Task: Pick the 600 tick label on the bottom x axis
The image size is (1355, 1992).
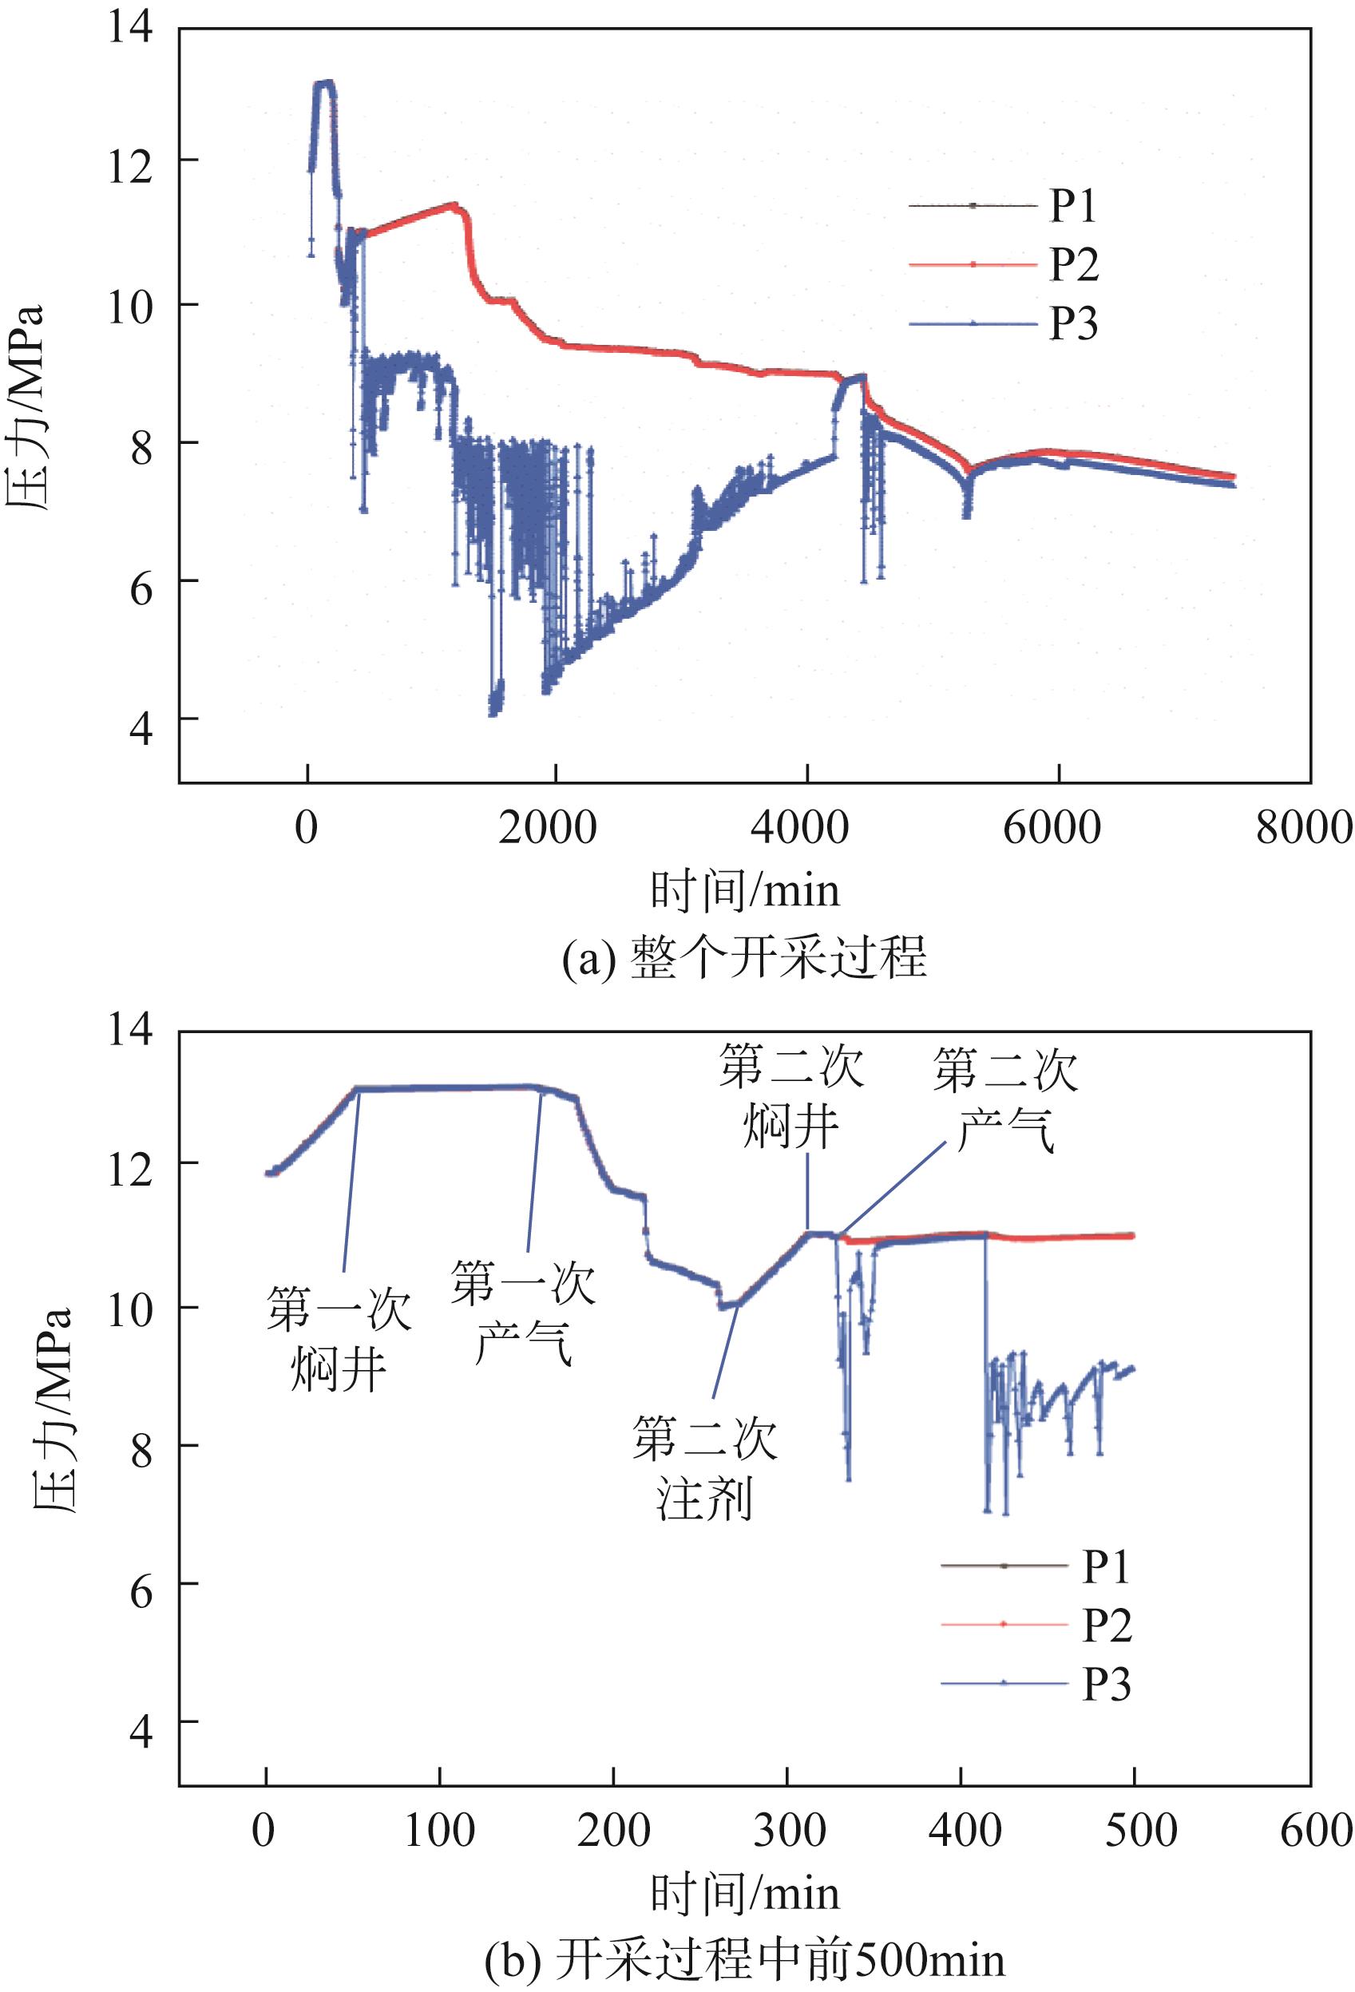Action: click(1315, 1831)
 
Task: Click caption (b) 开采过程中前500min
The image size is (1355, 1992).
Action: click(744, 1959)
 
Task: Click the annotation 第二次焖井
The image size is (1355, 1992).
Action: click(790, 1096)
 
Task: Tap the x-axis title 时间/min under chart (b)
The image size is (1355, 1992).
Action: click(744, 1892)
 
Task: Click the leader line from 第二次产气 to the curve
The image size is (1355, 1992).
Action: click(896, 1188)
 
